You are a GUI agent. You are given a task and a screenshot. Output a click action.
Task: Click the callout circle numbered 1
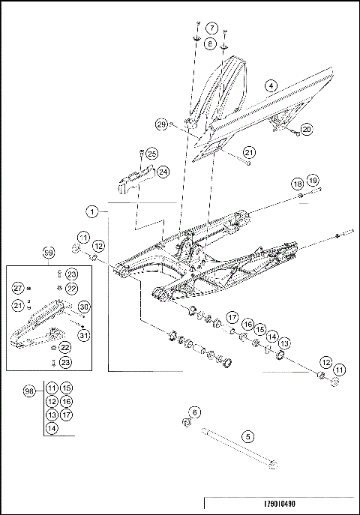click(x=91, y=213)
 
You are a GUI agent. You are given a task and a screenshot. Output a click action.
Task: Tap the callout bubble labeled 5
click(x=247, y=435)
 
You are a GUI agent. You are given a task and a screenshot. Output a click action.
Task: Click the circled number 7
click(x=211, y=28)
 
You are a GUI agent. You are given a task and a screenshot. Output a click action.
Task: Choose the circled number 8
click(x=211, y=44)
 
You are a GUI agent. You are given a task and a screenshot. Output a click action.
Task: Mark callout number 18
click(x=298, y=184)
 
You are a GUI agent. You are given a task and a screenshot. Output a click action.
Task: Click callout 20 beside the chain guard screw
click(x=307, y=129)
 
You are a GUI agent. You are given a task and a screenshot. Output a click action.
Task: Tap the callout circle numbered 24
click(x=162, y=172)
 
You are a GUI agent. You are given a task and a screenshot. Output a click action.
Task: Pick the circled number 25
click(x=152, y=154)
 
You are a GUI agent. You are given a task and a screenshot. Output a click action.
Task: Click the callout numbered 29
click(x=161, y=124)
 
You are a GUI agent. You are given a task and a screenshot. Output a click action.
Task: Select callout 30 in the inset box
click(x=83, y=307)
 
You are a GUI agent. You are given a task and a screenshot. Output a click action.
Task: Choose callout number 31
click(x=83, y=335)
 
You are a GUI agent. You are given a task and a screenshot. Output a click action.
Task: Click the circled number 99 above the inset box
click(x=49, y=252)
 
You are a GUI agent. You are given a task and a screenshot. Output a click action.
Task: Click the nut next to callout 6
click(x=185, y=424)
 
